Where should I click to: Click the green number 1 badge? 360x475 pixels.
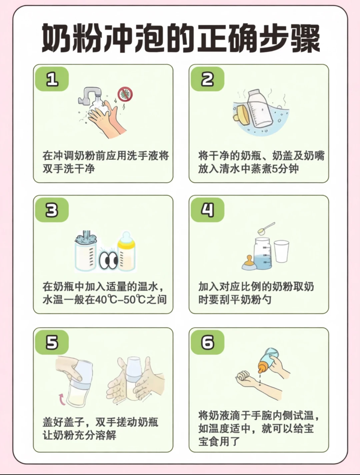52,79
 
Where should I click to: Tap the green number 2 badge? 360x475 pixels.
208,79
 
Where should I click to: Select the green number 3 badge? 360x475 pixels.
52,210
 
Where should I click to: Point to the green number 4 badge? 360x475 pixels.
208,210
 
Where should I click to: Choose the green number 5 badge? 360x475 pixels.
52,342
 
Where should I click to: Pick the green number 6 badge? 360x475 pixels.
208,342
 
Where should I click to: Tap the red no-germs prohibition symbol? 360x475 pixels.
125,94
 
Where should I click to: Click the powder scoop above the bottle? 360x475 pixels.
266,228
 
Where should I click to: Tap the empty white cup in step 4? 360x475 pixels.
282,252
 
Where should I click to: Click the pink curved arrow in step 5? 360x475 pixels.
62,400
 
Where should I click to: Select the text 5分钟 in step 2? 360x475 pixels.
285,169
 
